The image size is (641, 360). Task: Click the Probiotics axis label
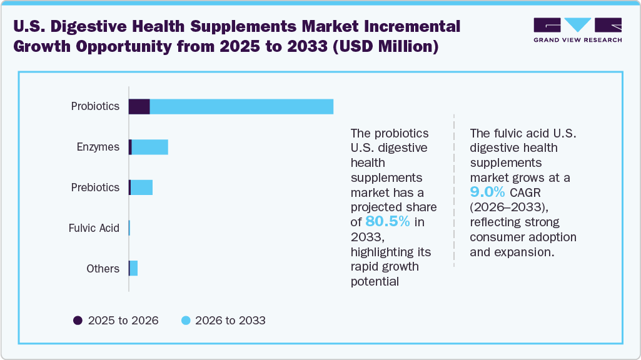(x=95, y=106)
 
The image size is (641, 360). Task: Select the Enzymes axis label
(x=98, y=147)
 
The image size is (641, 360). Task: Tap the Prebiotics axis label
(x=95, y=187)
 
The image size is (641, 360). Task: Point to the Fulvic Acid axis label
(x=94, y=228)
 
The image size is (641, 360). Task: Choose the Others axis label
(x=103, y=269)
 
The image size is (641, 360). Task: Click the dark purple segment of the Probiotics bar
(x=139, y=106)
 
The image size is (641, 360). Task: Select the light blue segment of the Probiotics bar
(x=241, y=106)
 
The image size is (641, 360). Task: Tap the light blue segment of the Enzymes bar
(x=150, y=147)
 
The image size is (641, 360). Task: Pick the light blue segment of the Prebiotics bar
(x=142, y=187)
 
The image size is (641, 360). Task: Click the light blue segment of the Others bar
(x=134, y=269)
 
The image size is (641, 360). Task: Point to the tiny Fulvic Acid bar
(x=129, y=228)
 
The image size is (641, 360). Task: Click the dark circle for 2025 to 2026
(x=78, y=321)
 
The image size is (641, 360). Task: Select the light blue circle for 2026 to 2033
(x=185, y=321)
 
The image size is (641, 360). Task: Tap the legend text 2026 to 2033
(x=230, y=321)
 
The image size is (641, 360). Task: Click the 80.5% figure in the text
(x=387, y=221)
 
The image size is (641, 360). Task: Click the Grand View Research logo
(x=577, y=30)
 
